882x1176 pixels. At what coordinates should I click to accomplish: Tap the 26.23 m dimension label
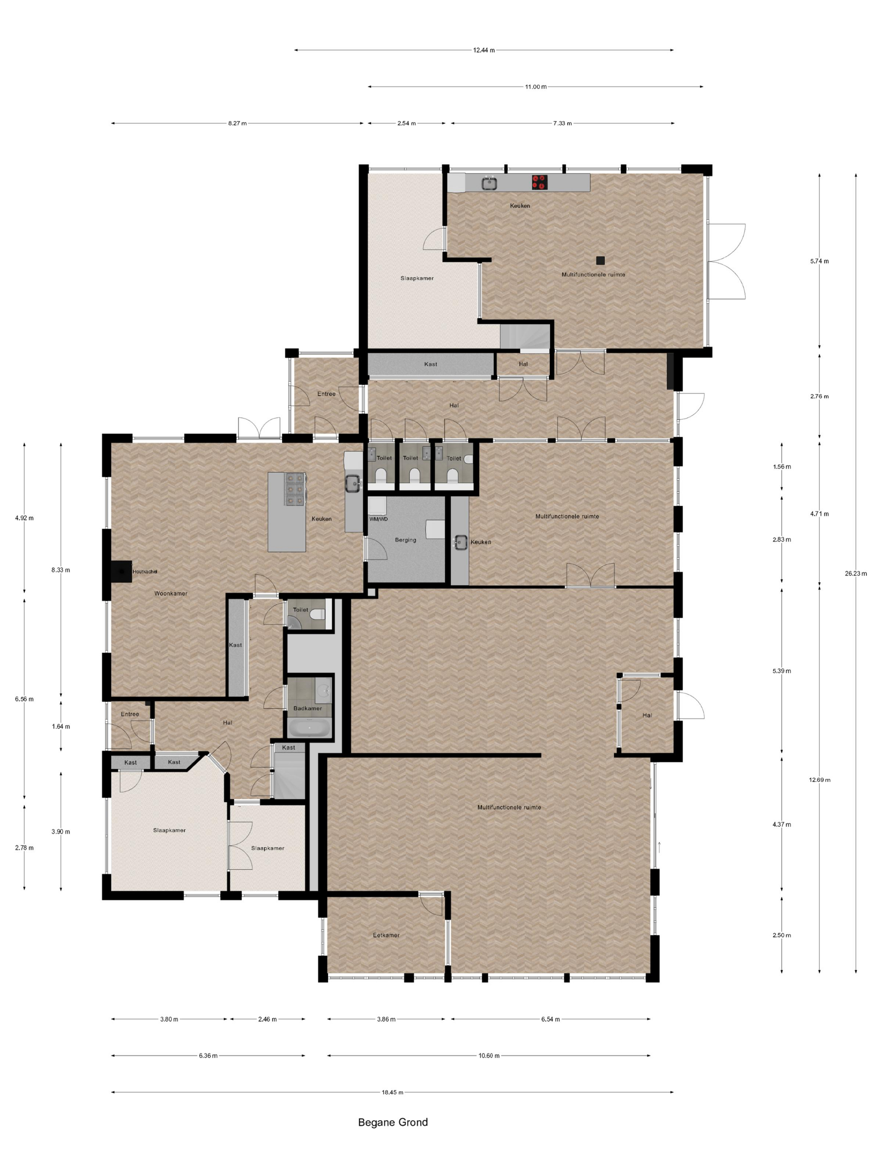point(856,573)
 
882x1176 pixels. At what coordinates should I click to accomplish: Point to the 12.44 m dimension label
point(483,50)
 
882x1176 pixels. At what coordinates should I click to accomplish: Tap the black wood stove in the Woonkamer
point(122,572)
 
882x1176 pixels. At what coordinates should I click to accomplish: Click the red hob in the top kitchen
point(539,182)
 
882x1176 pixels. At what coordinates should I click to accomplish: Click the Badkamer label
point(307,708)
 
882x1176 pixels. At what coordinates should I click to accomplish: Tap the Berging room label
point(405,540)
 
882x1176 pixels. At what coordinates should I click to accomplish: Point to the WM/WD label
point(378,519)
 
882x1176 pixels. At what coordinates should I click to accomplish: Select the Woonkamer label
point(171,593)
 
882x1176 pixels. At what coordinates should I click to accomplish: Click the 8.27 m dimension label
point(237,123)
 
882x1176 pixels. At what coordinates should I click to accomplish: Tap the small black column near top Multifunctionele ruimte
point(600,260)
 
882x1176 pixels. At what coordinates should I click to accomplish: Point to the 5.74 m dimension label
point(819,261)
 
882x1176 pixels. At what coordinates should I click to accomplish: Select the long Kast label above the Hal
point(430,364)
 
